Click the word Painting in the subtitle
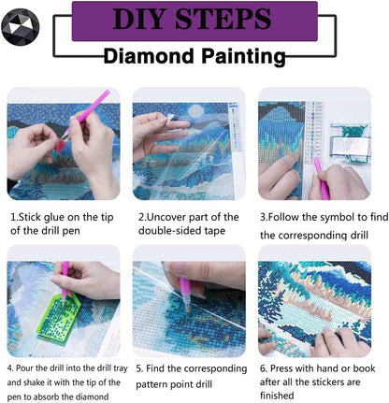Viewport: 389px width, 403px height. pyautogui.click(x=241, y=56)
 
